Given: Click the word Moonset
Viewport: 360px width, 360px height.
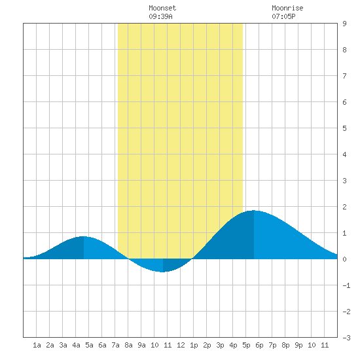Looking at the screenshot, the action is click(162, 8).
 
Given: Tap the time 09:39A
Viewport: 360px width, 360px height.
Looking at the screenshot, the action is click(160, 16).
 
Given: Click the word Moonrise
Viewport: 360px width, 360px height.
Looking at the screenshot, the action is click(287, 8).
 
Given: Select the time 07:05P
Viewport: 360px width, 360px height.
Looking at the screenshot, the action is click(283, 16).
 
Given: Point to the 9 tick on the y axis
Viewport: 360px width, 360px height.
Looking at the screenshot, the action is click(344, 24).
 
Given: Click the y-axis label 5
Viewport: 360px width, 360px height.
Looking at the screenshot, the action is click(344, 128).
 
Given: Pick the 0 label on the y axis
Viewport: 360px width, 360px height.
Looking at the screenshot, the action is click(344, 259).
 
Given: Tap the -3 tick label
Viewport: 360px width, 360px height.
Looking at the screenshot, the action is click(346, 338).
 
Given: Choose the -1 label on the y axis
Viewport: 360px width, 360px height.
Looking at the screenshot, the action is click(346, 285).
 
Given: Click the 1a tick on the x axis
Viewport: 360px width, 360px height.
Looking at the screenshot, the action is click(37, 345).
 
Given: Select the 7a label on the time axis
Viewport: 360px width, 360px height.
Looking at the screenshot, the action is click(115, 345).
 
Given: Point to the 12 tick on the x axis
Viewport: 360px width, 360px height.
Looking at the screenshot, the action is click(181, 345).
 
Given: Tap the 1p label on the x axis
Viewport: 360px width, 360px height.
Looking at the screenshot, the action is click(194, 345).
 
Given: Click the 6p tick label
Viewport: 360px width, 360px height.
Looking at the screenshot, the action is click(259, 345).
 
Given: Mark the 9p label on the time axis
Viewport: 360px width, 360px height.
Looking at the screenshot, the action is click(298, 345).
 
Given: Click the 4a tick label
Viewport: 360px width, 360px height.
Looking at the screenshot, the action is click(76, 345).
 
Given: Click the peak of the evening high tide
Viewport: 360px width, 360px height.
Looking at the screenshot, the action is click(254, 210).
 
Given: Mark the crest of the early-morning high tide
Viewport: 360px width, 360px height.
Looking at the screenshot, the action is click(84, 236).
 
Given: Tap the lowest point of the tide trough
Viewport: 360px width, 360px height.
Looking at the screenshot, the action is click(163, 272).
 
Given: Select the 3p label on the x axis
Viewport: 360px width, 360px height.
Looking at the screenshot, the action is click(220, 345).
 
